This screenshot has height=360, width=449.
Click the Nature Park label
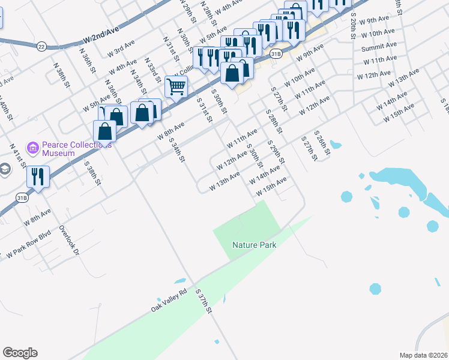(x=253, y=245)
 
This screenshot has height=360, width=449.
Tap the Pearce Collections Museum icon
(x=33, y=147)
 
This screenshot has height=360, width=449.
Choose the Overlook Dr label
(x=69, y=241)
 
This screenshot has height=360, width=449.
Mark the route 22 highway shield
(x=41, y=46)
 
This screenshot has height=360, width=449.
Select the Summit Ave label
(x=379, y=46)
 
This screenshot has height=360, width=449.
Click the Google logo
(x=20, y=353)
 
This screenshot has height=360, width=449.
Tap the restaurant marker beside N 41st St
(x=37, y=176)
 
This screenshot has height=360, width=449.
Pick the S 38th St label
(x=91, y=173)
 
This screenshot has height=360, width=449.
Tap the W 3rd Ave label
(x=121, y=49)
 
